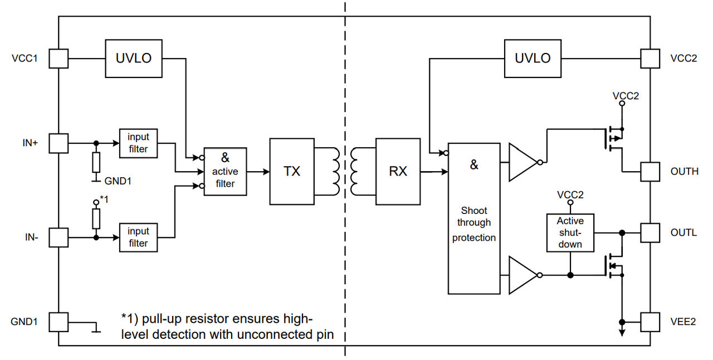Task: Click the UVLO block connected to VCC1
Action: (134, 58)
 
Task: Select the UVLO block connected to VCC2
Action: (533, 58)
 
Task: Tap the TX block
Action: (292, 171)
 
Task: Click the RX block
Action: (398, 171)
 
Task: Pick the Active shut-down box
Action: (570, 232)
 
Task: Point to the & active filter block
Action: (225, 171)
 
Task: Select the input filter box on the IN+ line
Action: (138, 143)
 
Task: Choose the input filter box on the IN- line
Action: (138, 237)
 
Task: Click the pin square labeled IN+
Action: (58, 143)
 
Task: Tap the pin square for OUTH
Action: (649, 171)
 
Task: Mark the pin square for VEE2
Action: (649, 322)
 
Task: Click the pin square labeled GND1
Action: (58, 322)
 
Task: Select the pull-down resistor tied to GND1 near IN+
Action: (96, 162)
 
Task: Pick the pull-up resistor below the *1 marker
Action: (96, 218)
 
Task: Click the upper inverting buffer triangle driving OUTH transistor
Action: (522, 162)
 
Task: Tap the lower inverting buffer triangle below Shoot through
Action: (522, 275)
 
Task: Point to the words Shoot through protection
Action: (474, 224)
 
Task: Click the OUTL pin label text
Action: (683, 232)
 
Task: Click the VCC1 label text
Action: (24, 58)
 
